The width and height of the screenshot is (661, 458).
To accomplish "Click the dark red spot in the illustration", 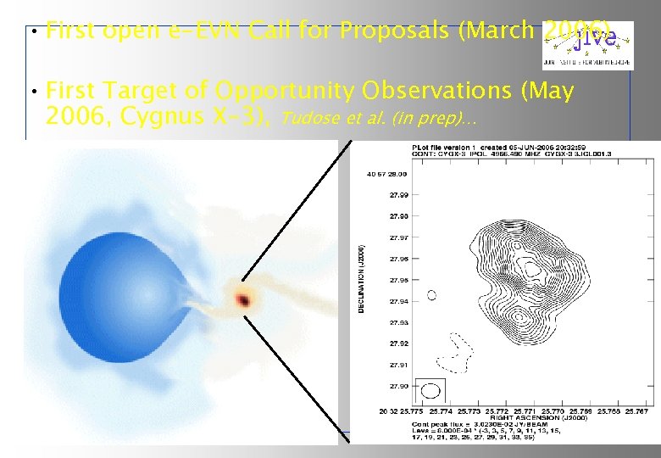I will (245, 300).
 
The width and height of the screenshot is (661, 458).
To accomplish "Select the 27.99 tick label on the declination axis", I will (397, 194).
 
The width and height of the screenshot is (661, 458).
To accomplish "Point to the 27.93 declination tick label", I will (397, 322).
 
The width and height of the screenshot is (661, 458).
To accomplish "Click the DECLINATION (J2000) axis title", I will (360, 280).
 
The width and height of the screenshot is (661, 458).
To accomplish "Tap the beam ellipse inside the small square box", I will (430, 390).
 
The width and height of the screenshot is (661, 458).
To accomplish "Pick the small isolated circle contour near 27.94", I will (431, 295).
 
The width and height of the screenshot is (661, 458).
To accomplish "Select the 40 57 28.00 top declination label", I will (386, 173).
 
